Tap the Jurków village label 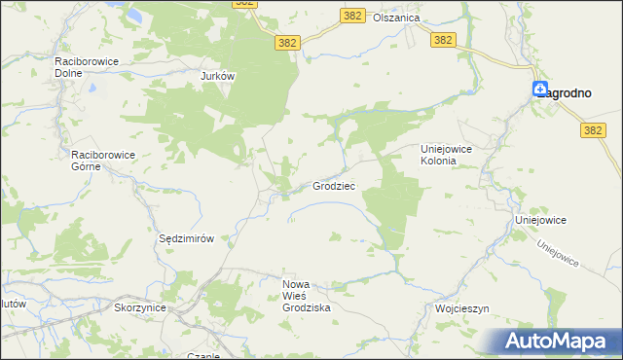[x=218, y=75]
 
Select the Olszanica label [x=398, y=18]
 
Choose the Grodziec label [x=333, y=185]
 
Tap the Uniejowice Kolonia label [x=452, y=155]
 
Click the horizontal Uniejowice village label [x=541, y=221]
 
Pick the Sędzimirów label [x=186, y=238]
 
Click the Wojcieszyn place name [x=461, y=308]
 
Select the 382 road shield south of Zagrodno [x=593, y=129]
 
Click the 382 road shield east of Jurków [x=286, y=42]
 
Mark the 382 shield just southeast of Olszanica [x=443, y=39]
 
